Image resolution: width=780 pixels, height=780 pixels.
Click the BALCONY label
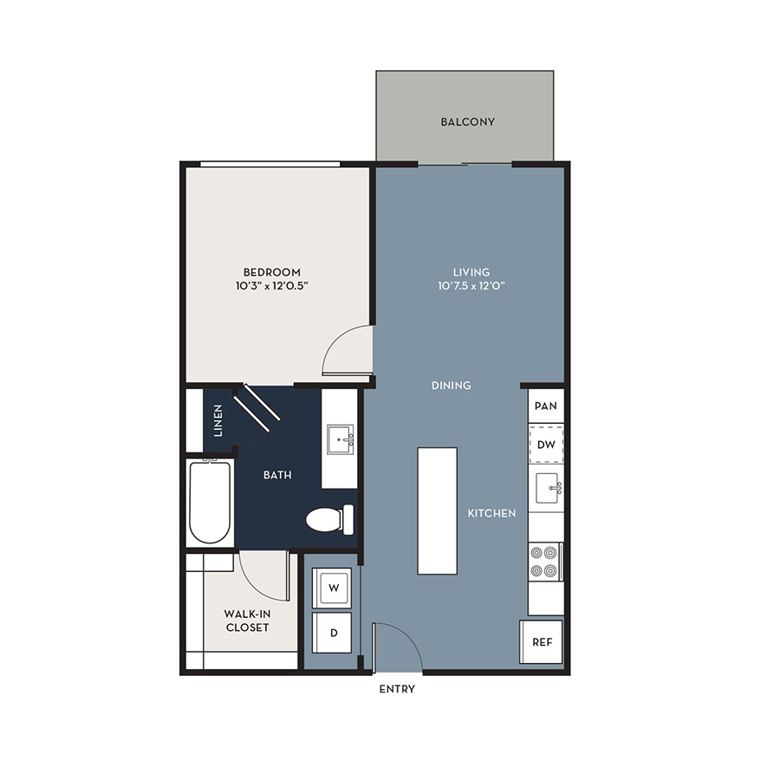(x=468, y=122)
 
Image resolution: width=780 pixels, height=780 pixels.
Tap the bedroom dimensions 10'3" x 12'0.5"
(x=272, y=286)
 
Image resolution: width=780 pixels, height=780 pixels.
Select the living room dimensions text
(x=471, y=286)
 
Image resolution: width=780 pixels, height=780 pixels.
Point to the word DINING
(x=452, y=386)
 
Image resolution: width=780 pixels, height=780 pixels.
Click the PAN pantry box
(x=546, y=406)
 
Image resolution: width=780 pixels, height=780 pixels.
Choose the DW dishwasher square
(x=546, y=445)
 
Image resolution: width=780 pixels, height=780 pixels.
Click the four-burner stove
(x=545, y=562)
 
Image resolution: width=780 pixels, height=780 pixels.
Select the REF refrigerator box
(x=542, y=641)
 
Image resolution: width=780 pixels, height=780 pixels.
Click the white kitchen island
(x=438, y=510)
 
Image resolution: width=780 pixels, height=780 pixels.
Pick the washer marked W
(x=332, y=588)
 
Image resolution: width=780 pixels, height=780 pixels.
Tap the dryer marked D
(x=332, y=633)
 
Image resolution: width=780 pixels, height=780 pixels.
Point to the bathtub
(x=210, y=502)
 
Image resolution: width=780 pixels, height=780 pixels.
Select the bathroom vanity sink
(x=341, y=439)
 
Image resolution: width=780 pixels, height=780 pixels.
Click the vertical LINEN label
(x=218, y=420)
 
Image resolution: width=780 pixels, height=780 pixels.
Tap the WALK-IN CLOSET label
(x=247, y=621)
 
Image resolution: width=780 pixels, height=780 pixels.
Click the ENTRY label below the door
(x=397, y=689)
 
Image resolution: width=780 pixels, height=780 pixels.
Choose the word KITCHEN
(x=491, y=513)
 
